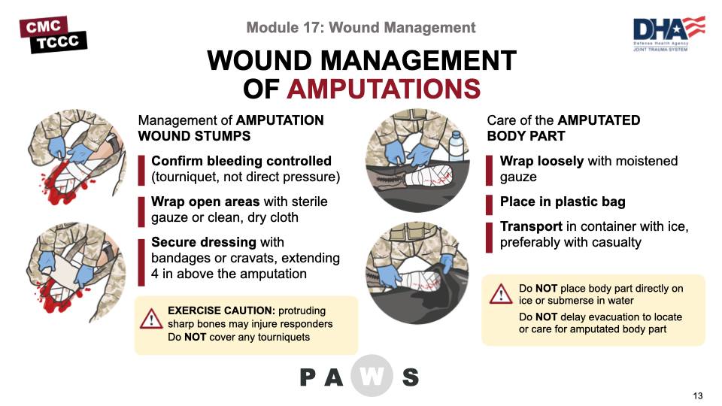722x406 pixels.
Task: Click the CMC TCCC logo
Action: point(53,35)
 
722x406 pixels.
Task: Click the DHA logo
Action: point(669,33)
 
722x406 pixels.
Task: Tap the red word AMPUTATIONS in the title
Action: point(384,89)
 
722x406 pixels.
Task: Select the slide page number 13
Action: point(698,396)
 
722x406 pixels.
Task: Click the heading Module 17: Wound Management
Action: point(361,28)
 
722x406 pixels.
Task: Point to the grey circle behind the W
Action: point(372,376)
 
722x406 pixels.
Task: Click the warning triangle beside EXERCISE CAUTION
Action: point(151,319)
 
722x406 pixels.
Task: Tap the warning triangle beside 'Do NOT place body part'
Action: point(501,294)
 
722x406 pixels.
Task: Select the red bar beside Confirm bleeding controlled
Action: point(141,171)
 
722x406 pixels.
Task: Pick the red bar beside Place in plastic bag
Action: point(490,205)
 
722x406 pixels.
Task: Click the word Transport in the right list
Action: point(531,226)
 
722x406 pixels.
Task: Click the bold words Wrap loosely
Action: point(542,161)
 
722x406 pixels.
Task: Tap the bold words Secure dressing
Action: point(204,242)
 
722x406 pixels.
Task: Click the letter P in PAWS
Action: point(308,377)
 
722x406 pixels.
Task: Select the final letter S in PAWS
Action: point(411,377)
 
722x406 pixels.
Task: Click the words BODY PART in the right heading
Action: point(526,136)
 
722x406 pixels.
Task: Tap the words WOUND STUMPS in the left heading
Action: point(194,136)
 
